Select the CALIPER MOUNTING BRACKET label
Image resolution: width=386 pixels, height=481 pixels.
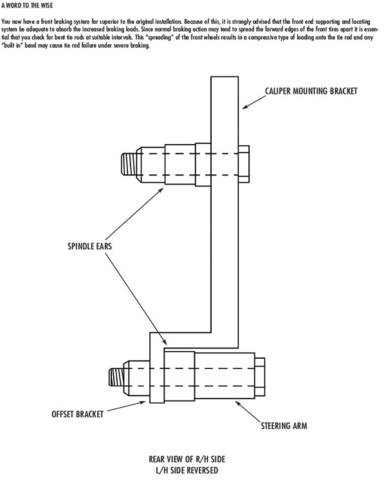point(311,91)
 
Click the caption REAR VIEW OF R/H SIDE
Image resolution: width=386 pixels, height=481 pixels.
point(187,459)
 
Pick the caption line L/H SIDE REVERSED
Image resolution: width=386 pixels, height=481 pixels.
point(187,470)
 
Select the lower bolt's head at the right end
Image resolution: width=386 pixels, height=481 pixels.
point(260,377)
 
